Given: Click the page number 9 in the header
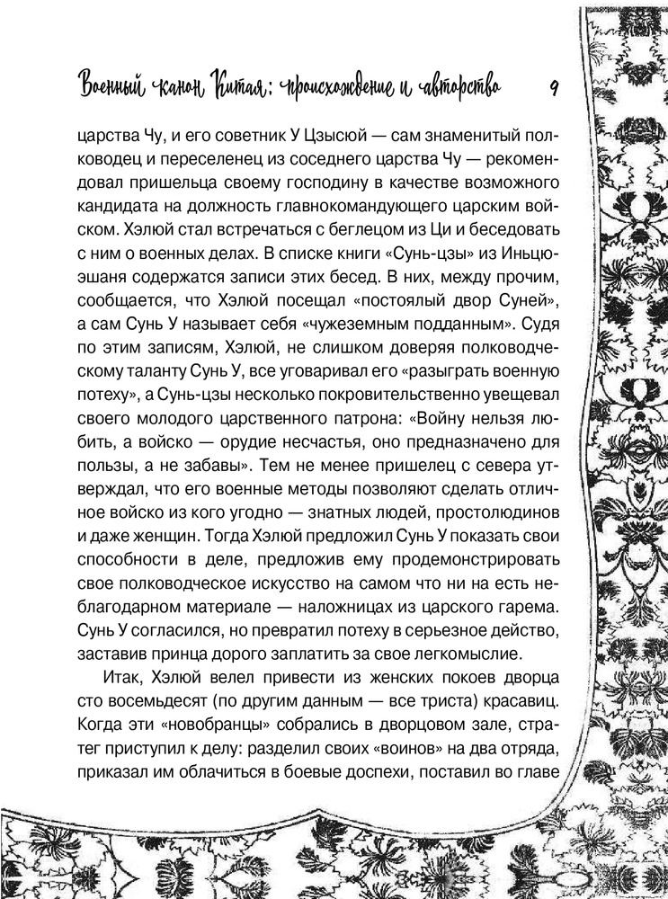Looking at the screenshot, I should (554, 86).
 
